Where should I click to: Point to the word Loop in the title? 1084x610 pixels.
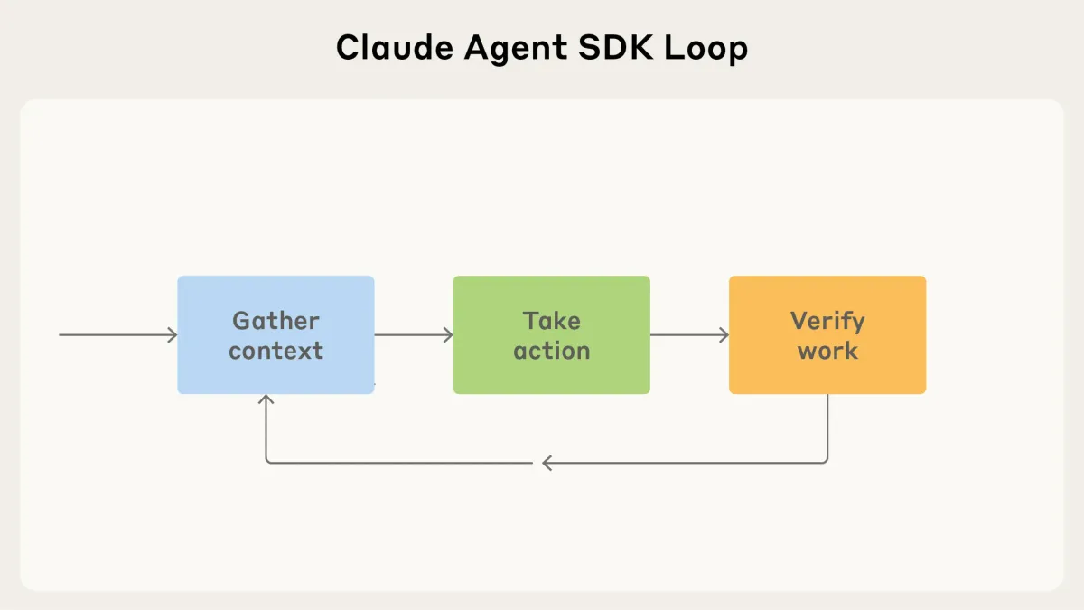pos(710,48)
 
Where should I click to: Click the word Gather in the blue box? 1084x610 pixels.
pos(276,321)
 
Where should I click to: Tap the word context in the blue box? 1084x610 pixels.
pos(276,351)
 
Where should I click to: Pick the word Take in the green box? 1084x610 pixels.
pos(551,321)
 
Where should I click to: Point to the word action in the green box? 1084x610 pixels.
pos(551,351)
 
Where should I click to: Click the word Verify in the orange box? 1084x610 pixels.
pos(827,321)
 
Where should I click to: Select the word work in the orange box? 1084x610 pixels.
pos(827,351)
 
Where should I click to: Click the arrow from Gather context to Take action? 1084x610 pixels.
pos(413,335)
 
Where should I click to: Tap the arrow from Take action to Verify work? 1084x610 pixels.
pos(688,335)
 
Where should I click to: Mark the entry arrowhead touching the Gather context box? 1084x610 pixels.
pos(173,335)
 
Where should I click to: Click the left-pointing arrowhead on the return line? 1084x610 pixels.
pos(547,464)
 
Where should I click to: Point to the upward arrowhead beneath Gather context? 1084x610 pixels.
pos(266,400)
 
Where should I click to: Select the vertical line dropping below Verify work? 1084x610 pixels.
pos(827,425)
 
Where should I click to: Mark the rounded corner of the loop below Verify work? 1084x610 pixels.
pos(825,461)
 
